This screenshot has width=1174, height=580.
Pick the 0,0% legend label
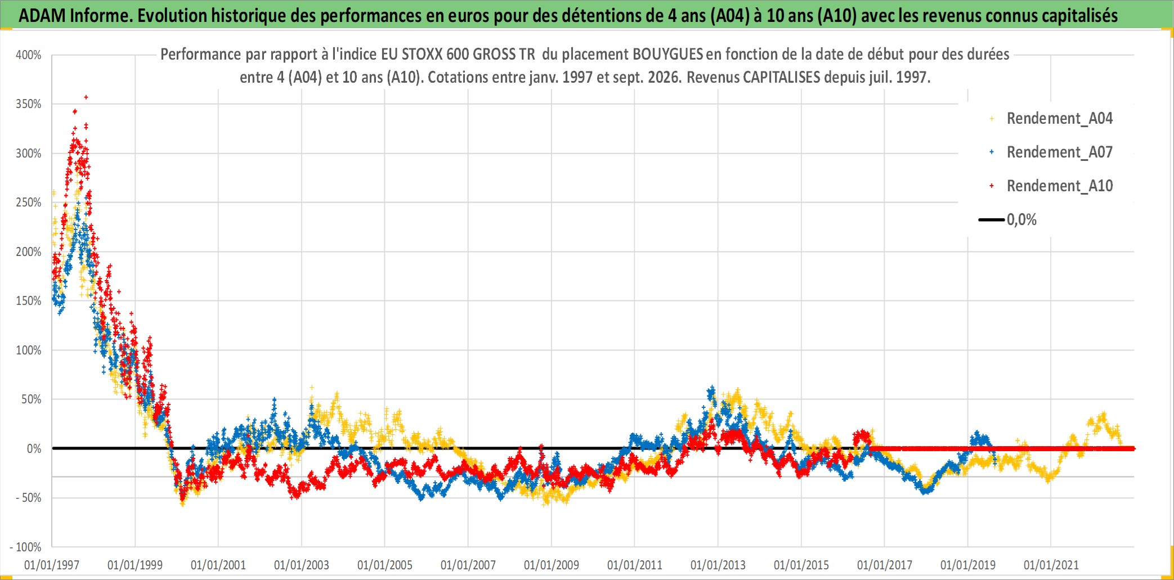1021,220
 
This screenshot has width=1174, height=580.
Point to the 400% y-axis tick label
29,55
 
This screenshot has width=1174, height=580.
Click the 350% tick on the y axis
29,104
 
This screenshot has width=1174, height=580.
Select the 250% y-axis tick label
29,203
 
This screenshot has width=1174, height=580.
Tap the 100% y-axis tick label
29,350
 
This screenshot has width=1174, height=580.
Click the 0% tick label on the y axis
34,449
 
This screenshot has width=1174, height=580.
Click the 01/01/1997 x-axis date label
52,565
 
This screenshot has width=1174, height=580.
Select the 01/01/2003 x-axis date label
302,565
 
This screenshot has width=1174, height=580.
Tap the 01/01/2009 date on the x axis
552,565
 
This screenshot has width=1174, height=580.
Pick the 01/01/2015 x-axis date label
801,565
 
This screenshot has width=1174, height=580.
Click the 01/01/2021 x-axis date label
1051,565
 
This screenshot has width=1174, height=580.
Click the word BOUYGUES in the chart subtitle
668,55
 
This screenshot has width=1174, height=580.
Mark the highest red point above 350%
86,97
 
